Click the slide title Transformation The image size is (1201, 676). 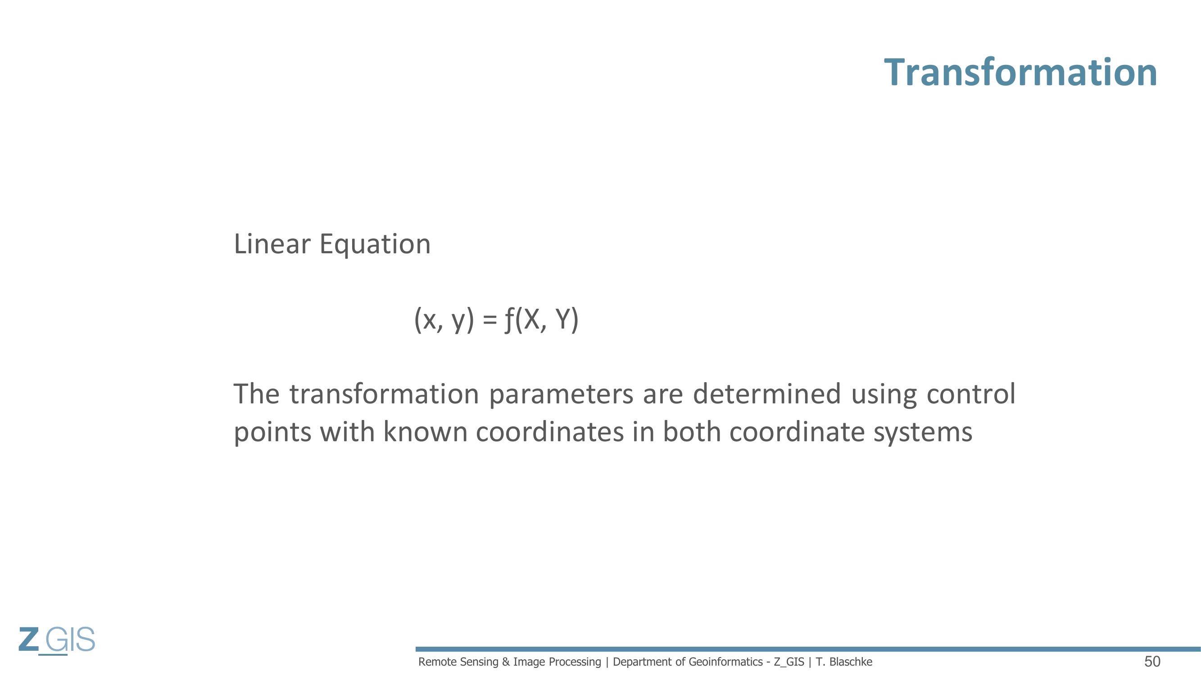1020,72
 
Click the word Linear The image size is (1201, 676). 272,244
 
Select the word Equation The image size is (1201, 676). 375,245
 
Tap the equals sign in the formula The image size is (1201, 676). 489,320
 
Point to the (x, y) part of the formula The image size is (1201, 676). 444,320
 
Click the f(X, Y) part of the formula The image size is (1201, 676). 542,320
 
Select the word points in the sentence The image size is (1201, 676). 272,433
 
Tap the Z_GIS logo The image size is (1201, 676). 57,640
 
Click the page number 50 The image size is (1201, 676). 1152,662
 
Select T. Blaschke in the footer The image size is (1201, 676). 844,662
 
